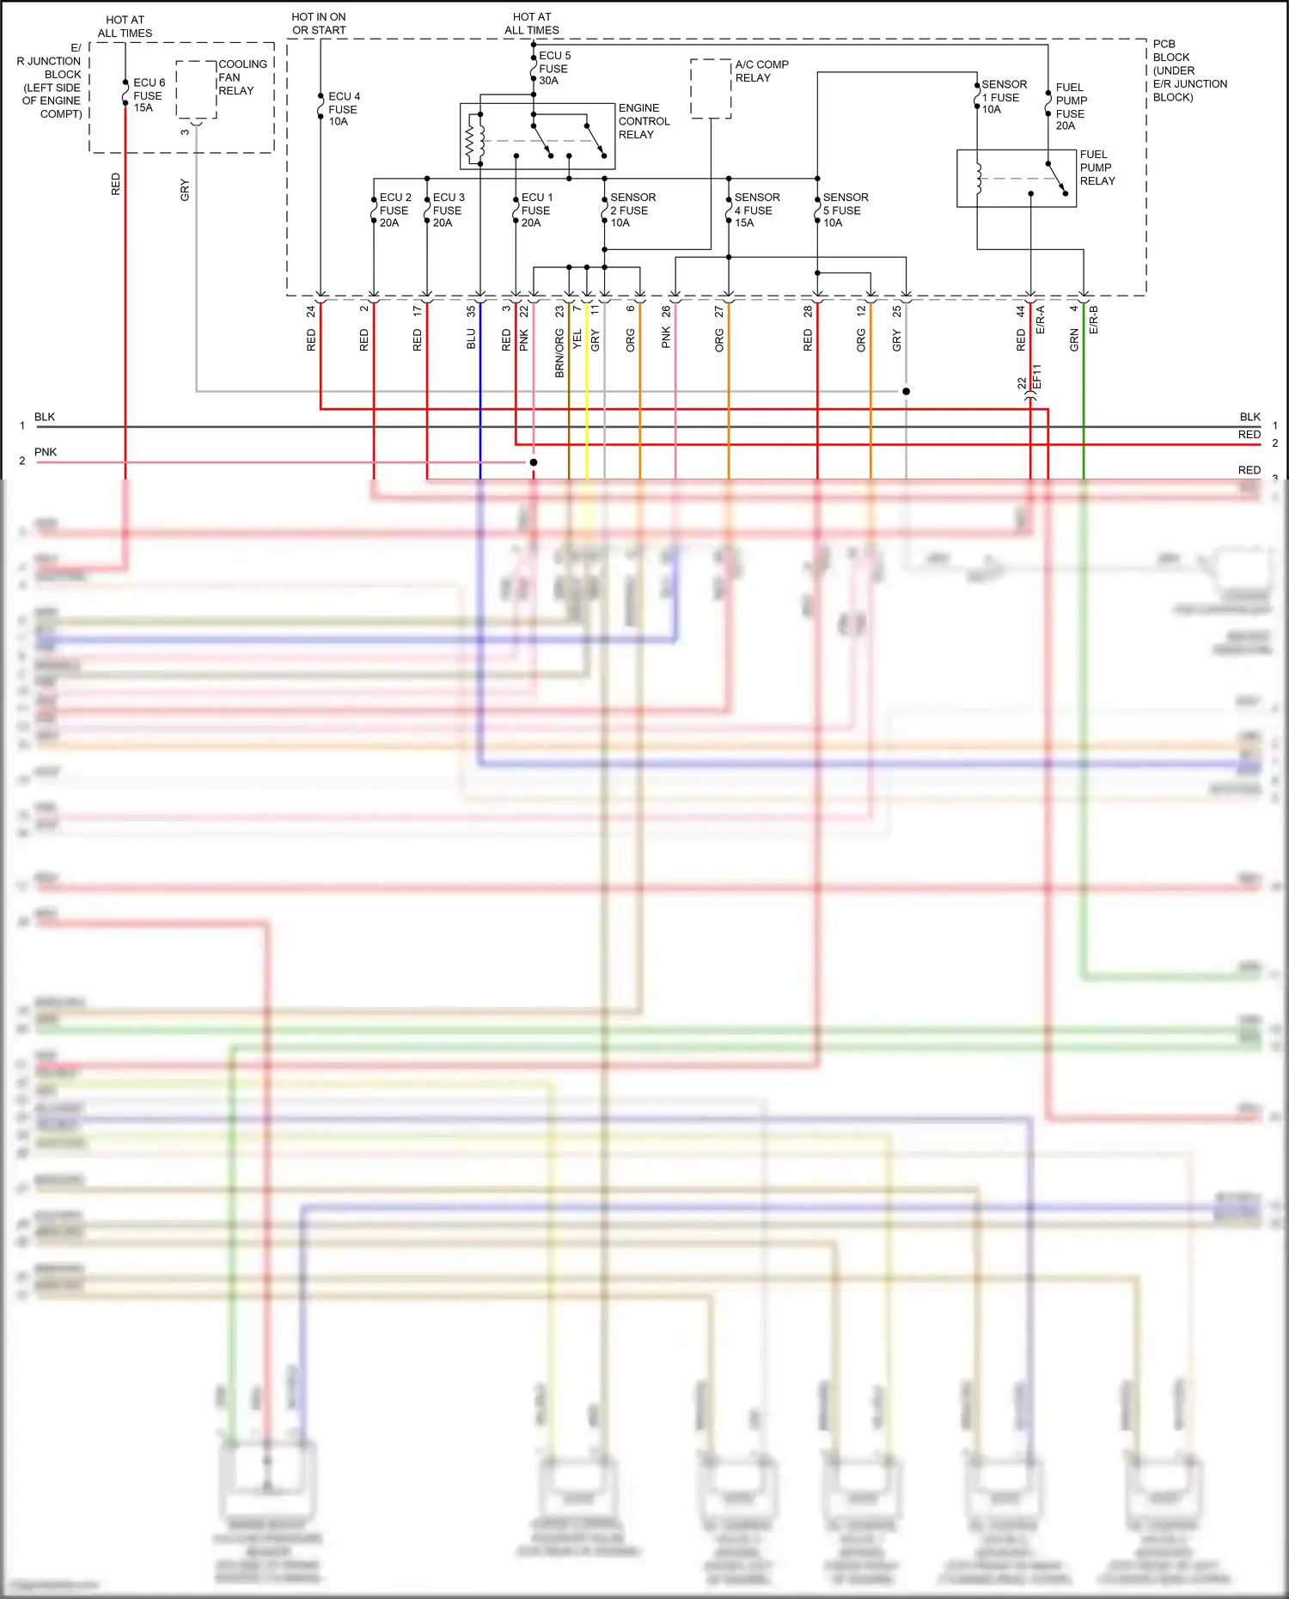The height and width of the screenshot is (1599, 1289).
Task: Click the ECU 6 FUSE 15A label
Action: click(x=149, y=95)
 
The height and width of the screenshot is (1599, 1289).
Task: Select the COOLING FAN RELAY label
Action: click(x=241, y=77)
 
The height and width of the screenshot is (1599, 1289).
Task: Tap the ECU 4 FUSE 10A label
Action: click(x=344, y=109)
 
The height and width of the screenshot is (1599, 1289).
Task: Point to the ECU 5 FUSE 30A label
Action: click(x=554, y=68)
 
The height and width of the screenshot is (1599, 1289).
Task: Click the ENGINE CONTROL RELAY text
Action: click(x=644, y=121)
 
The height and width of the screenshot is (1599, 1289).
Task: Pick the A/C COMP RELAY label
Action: click(x=761, y=71)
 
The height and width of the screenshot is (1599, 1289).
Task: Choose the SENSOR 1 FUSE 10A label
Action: click(x=1003, y=97)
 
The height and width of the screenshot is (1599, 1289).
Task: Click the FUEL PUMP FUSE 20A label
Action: click(x=1071, y=107)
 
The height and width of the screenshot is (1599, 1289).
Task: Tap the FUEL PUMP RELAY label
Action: click(x=1097, y=168)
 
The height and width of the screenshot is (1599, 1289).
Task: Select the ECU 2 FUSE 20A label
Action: click(x=395, y=211)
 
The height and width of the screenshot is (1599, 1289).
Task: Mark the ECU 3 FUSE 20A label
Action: click(x=448, y=211)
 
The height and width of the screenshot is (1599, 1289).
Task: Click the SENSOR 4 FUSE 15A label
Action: click(x=756, y=211)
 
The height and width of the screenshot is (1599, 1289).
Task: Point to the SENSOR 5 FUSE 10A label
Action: click(x=845, y=211)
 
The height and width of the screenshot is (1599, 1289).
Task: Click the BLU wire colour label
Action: click(x=471, y=339)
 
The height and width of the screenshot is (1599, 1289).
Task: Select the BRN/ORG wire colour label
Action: click(x=559, y=353)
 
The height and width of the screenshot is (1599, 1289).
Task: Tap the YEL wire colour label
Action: click(x=577, y=339)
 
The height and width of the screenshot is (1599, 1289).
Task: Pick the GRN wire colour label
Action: click(x=1074, y=340)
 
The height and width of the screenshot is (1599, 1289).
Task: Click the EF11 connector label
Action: click(x=1036, y=377)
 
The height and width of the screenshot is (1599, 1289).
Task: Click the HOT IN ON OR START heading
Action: click(x=319, y=23)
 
